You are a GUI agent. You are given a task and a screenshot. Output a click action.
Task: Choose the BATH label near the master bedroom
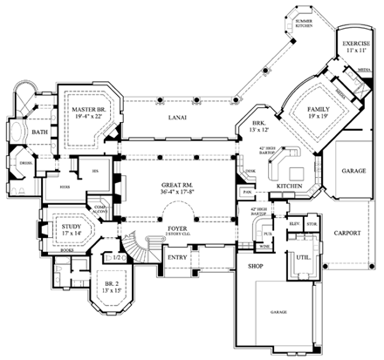(40, 132)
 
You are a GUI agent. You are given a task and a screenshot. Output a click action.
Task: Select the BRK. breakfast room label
(258, 125)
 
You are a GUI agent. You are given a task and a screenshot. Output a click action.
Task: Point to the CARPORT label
(351, 234)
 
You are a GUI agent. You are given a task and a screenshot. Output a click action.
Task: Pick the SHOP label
(256, 266)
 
